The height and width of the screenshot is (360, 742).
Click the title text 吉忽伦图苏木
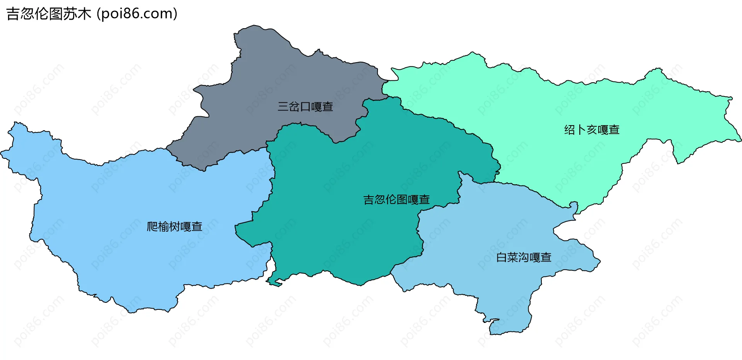click(49, 14)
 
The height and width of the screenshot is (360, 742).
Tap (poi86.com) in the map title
click(137, 14)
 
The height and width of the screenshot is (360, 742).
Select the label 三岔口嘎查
click(305, 107)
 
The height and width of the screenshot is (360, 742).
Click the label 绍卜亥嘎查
click(592, 130)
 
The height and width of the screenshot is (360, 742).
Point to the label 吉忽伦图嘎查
click(397, 200)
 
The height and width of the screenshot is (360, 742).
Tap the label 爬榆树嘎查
click(174, 226)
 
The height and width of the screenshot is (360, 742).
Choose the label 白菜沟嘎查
click(524, 257)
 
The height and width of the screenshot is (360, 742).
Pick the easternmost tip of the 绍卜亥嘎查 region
click(740, 139)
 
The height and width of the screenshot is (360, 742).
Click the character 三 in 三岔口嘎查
click(283, 107)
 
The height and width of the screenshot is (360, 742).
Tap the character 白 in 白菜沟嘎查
click(501, 257)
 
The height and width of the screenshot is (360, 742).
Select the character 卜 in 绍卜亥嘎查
click(580, 130)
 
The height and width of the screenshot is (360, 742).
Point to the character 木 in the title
click(84, 14)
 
